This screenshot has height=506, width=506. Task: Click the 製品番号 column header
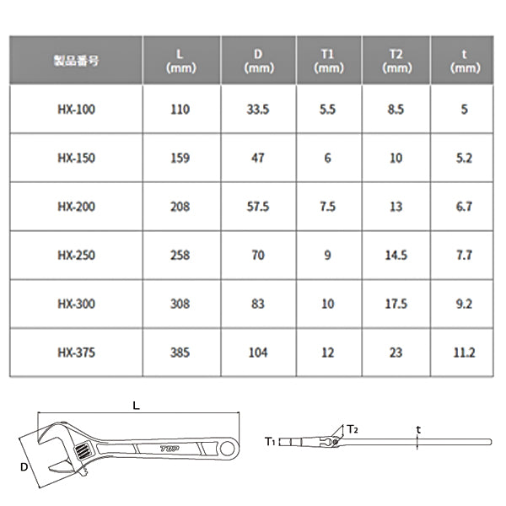click(76, 62)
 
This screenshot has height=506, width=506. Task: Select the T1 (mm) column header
click(329, 62)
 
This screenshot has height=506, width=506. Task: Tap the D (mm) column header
click(259, 62)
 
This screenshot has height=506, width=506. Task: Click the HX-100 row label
click(76, 110)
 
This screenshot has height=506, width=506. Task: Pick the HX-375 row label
click(76, 353)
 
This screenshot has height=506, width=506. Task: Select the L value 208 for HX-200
click(180, 207)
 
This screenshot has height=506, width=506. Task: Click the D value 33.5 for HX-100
click(259, 110)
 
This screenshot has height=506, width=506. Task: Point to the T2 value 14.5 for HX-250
click(396, 256)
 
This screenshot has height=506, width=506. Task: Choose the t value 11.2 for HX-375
click(465, 353)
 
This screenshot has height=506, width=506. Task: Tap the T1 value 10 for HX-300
click(329, 304)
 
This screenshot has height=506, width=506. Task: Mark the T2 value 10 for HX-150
click(396, 159)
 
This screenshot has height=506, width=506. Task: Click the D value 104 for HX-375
click(259, 353)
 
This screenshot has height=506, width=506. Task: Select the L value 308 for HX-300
click(180, 304)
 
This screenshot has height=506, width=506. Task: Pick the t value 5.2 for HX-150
click(465, 159)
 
